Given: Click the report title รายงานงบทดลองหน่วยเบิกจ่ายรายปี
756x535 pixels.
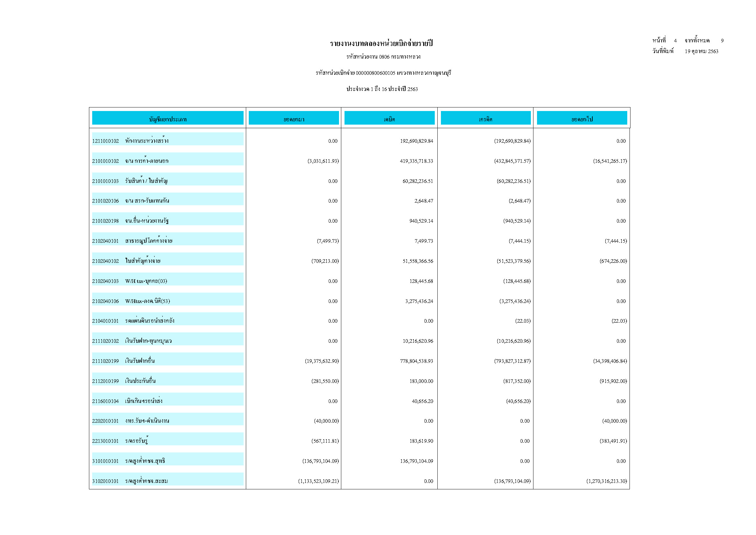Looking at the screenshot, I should [x=381, y=43].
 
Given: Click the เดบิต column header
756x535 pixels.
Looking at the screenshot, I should [x=389, y=119].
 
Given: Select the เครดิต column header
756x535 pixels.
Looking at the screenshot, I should [x=485, y=119].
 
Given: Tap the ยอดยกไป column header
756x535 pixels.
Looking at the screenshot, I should [x=582, y=119].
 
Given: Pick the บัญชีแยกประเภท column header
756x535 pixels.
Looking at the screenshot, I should [x=168, y=119].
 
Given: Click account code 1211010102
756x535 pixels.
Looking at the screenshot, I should [x=105, y=141].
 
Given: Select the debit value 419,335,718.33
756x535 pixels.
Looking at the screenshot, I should [x=416, y=161].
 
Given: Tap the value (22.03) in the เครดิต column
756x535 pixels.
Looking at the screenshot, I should [x=522, y=321].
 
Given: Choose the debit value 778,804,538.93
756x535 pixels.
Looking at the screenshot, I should [x=416, y=361].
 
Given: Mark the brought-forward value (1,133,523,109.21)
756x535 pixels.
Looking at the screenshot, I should [x=318, y=481].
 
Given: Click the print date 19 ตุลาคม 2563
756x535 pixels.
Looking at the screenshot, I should [x=701, y=51].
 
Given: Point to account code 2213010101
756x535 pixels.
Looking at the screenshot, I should [x=105, y=441].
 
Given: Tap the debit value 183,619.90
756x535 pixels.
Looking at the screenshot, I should [x=421, y=441].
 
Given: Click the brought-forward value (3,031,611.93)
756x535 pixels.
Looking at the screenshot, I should [x=323, y=161].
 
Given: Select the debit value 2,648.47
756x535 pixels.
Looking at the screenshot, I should [x=423, y=201].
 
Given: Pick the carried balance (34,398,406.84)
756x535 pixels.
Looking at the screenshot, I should [x=610, y=361].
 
